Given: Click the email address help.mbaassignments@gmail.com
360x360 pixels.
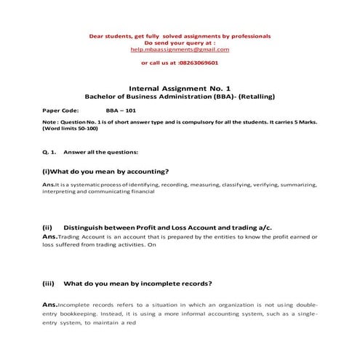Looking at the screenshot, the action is (x=180, y=49).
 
